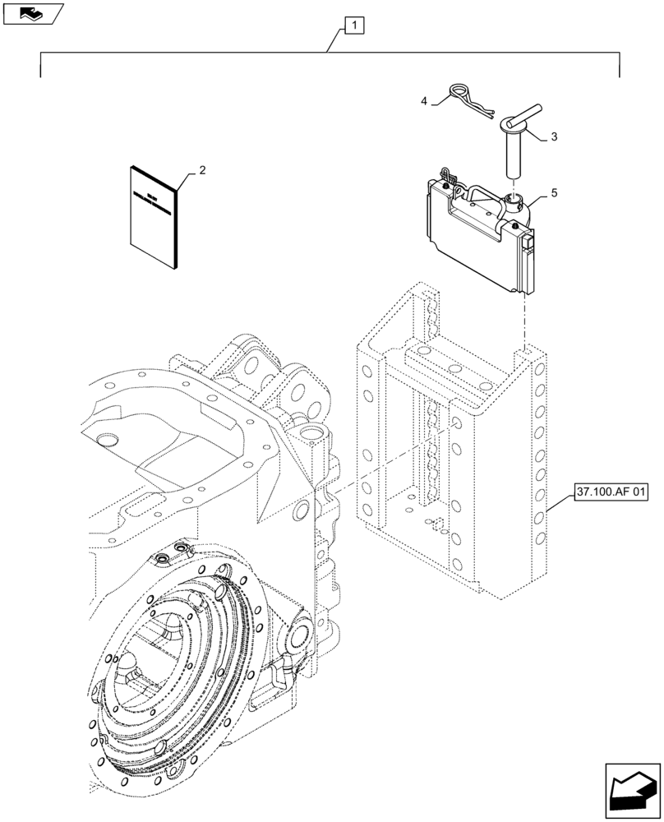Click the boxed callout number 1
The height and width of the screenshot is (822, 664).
point(353,27)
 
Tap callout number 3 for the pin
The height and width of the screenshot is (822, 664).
point(554,137)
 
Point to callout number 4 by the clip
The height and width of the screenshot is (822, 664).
point(424,100)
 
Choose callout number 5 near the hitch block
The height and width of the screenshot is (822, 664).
point(554,192)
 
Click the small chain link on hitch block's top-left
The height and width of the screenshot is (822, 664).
point(448,176)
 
